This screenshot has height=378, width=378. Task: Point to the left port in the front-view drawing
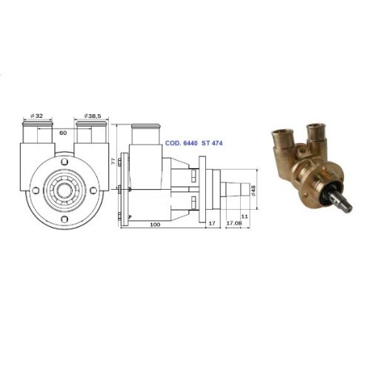[x=38, y=137]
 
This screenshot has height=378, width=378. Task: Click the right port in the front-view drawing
[x=89, y=137]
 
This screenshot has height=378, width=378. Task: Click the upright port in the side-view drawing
[x=147, y=137]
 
